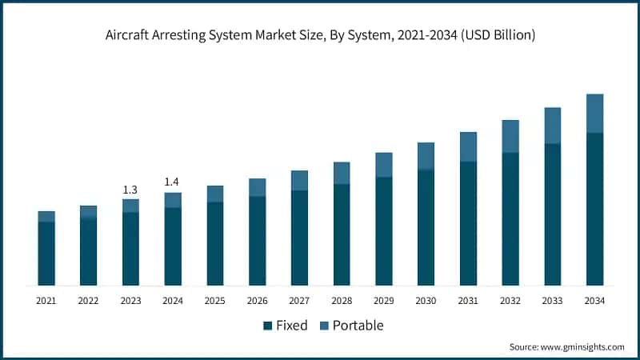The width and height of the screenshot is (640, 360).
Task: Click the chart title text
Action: coord(320,35)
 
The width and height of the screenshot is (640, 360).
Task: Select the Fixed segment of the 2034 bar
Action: coord(594,209)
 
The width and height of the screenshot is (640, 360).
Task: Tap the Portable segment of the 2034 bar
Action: coord(594,114)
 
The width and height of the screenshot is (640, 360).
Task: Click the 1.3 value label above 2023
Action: coord(130,190)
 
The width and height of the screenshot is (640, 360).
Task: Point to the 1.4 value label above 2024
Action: coord(172,182)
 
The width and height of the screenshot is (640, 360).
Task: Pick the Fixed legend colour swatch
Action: coord(267,326)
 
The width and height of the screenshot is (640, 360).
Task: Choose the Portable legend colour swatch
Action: coord(325,326)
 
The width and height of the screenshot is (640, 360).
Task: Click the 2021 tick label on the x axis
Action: coord(46,301)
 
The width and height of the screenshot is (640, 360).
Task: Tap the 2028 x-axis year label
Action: coord(342,301)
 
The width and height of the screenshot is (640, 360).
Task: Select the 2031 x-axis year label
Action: coord(468,301)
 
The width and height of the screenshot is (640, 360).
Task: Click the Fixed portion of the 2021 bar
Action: coord(46,254)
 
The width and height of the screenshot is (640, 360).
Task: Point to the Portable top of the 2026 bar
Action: coord(257,187)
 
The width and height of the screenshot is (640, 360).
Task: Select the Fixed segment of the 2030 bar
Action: coord(426,227)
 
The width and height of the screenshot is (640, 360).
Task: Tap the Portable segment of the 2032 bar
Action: coord(510,136)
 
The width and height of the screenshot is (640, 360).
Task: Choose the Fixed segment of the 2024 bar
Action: coord(173,246)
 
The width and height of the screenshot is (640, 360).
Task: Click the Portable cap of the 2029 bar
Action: coord(384,165)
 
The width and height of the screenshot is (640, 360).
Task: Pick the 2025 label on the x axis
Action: coord(214,301)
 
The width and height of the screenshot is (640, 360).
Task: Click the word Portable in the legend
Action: coord(358,326)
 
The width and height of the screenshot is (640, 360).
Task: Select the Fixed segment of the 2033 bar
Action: coord(553,214)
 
